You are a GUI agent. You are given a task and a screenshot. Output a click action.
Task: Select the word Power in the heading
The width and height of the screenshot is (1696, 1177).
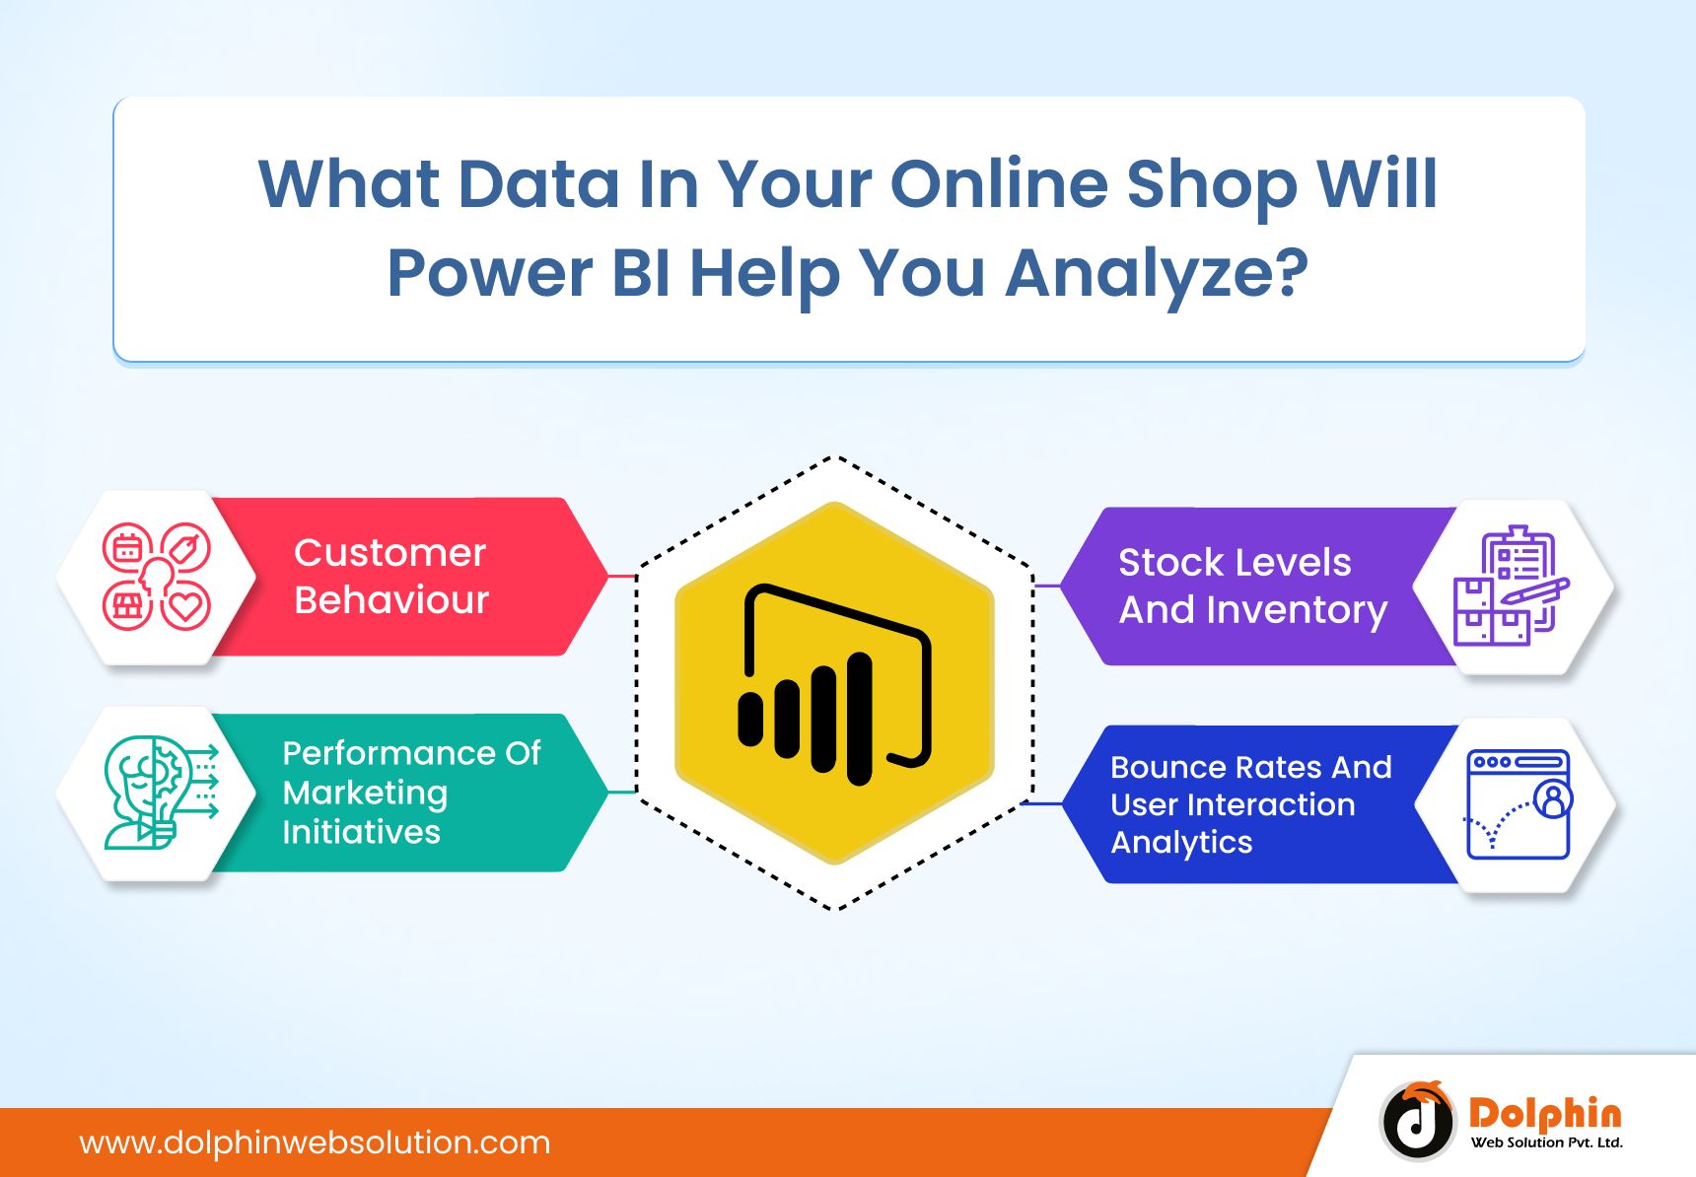click(489, 273)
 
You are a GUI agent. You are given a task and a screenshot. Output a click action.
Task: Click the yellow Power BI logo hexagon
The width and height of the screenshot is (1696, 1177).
click(834, 682)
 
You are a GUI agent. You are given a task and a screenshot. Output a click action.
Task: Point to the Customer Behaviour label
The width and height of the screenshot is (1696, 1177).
click(391, 576)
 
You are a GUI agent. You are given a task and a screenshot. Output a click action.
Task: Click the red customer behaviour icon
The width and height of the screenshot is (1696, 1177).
click(157, 577)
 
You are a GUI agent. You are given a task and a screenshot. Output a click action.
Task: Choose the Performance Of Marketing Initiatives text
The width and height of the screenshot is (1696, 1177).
click(411, 793)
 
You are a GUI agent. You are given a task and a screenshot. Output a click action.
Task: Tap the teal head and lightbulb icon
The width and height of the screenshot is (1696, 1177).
click(161, 793)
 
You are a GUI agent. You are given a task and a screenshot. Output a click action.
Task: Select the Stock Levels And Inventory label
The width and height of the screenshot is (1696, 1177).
click(1252, 586)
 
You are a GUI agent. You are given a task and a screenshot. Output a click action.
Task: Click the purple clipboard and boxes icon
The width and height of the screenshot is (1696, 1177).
click(1511, 586)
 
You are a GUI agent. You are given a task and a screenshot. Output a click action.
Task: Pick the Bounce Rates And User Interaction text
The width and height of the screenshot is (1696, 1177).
click(1250, 786)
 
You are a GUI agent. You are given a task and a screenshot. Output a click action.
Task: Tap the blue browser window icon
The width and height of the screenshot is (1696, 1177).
click(1519, 803)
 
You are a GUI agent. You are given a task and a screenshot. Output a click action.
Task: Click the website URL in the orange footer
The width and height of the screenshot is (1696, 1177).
click(315, 1142)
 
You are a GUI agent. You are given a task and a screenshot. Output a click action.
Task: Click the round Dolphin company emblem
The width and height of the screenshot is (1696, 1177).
click(1417, 1120)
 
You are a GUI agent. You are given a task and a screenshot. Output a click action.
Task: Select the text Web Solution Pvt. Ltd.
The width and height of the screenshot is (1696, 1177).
click(1546, 1142)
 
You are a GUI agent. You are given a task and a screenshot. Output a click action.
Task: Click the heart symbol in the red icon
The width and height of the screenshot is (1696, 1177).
click(185, 605)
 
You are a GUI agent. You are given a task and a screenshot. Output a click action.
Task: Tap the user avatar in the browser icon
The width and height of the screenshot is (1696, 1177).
click(1553, 799)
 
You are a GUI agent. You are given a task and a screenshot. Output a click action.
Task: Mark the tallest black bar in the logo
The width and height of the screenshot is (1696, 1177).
click(860, 719)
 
